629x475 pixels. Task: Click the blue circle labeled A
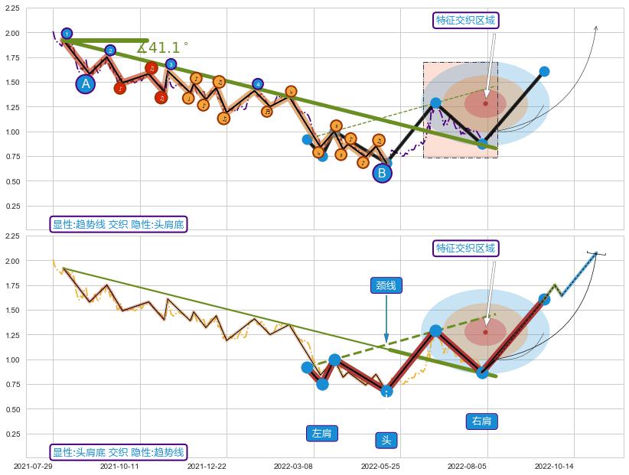pos(86,84)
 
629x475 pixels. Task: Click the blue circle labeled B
pos(382,173)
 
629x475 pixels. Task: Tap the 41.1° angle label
pos(163,48)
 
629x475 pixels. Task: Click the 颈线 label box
pos(386,285)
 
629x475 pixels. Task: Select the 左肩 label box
pos(322,433)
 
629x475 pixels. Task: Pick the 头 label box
pos(386,440)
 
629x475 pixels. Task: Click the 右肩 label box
pos(482,421)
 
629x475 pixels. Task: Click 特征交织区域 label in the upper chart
pos(465,20)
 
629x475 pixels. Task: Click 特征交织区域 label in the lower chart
pos(465,248)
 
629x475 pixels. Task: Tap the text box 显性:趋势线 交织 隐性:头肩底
pos(119,224)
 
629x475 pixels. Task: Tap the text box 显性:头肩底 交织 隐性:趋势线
pos(119,453)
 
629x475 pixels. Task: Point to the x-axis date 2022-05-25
pos(380,466)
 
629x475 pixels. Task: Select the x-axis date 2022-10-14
pos(554,466)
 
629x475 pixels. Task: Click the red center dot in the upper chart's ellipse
pos(486,103)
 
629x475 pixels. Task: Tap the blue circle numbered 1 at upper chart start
pos(67,34)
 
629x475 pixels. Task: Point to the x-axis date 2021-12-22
pos(207,466)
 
